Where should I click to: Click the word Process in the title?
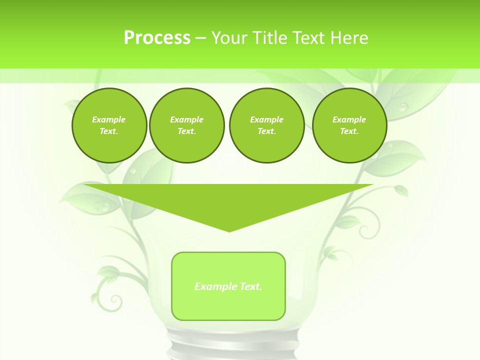[157, 38]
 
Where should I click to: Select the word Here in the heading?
[349, 38]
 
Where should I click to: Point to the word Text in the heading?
[310, 38]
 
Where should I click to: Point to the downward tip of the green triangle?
[229, 230]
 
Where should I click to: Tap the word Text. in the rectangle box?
[250, 286]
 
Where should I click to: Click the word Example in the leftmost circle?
[109, 119]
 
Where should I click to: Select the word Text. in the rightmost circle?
[349, 131]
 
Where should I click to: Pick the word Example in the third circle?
[266, 119]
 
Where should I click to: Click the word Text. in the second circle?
[186, 131]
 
